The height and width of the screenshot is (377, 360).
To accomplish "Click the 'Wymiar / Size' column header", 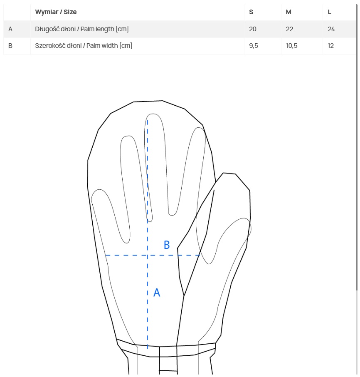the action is pyautogui.click(x=56, y=12).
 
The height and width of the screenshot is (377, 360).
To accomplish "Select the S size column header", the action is pyautogui.click(x=251, y=12).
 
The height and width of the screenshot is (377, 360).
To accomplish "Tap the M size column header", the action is pyautogui.click(x=288, y=12).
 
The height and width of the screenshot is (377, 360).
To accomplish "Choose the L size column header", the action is pyautogui.click(x=330, y=12).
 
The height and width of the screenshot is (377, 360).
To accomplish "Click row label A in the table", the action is pyautogui.click(x=10, y=29).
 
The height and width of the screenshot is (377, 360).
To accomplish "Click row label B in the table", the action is pyautogui.click(x=10, y=46).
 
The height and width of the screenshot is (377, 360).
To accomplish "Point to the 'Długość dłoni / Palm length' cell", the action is pyautogui.click(x=82, y=29).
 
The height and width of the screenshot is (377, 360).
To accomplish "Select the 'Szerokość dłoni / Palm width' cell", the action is pyautogui.click(x=84, y=46).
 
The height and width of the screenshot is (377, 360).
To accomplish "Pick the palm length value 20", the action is pyautogui.click(x=253, y=29).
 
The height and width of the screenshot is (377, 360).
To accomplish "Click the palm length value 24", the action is pyautogui.click(x=331, y=29).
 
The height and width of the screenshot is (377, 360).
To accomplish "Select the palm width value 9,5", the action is pyautogui.click(x=254, y=46).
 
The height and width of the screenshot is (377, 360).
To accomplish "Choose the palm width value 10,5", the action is pyautogui.click(x=291, y=46).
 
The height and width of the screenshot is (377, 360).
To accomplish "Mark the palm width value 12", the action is pyautogui.click(x=330, y=46).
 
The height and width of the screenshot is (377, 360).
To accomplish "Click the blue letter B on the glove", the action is pyautogui.click(x=167, y=245).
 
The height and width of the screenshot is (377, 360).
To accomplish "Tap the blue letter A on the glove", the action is pyautogui.click(x=157, y=293).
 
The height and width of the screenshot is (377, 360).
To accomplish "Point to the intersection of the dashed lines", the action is pyautogui.click(x=148, y=255).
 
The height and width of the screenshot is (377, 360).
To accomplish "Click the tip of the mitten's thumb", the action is pyautogui.click(x=229, y=174).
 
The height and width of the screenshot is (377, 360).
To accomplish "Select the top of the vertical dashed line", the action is pyautogui.click(x=148, y=120).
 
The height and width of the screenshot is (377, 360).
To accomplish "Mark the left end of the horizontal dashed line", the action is pyautogui.click(x=106, y=255).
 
